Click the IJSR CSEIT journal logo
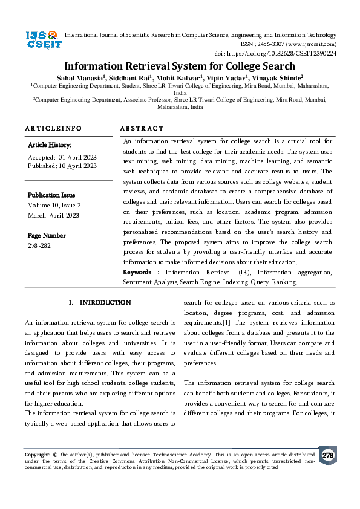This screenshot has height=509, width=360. click(42, 39)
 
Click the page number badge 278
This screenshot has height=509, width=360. click(327, 455)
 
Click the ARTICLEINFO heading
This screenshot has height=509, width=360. click(53, 129)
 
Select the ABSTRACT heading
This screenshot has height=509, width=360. click(142, 129)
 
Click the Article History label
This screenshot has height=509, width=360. click(50, 145)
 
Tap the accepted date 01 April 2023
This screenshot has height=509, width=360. click(77, 157)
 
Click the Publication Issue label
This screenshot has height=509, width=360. click(51, 195)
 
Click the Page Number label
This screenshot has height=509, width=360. click(47, 235)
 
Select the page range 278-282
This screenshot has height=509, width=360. click(41, 245)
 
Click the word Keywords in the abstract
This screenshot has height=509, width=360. click(137, 273)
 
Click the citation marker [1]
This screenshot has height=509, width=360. click(226, 323)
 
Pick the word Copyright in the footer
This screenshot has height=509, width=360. click(36, 454)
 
